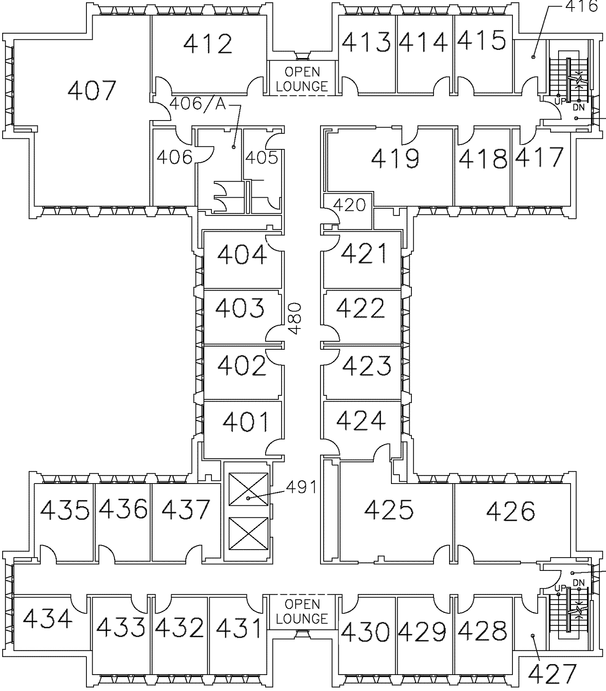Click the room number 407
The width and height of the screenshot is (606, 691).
(92, 90)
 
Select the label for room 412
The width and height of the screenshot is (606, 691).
(208, 44)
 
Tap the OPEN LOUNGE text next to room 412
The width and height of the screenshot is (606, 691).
(302, 79)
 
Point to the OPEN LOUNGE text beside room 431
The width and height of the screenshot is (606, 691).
(302, 611)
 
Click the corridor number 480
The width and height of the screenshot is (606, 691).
(295, 318)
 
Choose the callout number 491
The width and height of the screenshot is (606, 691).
(301, 487)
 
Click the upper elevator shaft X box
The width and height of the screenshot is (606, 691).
(248, 489)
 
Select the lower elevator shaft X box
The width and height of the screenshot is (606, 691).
(248, 533)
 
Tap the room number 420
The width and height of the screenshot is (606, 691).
(349, 205)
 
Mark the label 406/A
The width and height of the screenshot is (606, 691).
(198, 104)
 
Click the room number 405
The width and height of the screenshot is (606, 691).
(262, 157)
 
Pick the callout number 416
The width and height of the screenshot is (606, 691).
(582, 6)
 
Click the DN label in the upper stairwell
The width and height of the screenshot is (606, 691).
(579, 108)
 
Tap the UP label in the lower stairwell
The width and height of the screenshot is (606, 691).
(560, 588)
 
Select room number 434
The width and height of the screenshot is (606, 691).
(47, 619)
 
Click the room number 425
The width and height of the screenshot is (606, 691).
(389, 510)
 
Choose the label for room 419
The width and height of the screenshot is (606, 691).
(395, 159)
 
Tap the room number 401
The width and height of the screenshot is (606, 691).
(246, 422)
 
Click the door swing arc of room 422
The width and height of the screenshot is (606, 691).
(330, 333)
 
